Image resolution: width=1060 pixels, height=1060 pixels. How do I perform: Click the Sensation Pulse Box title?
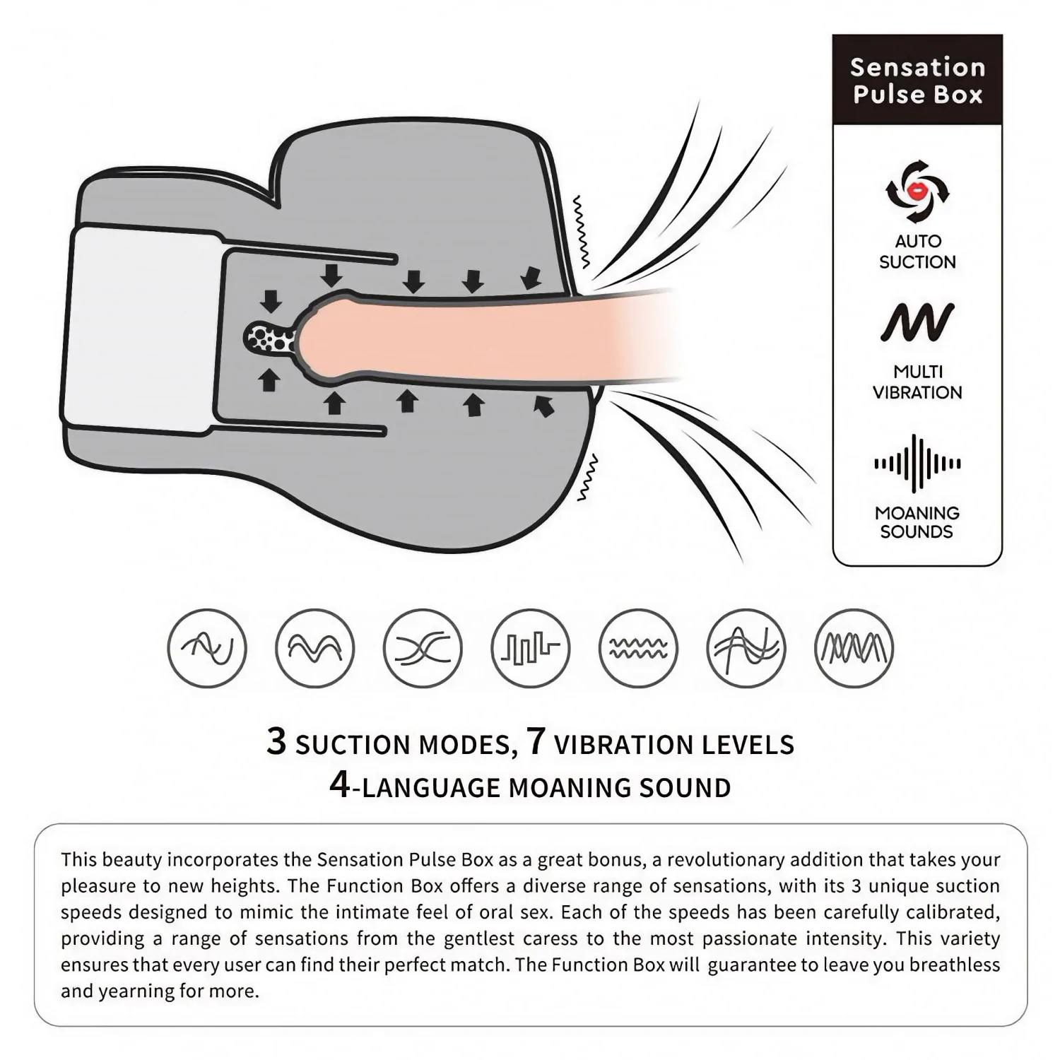(917, 81)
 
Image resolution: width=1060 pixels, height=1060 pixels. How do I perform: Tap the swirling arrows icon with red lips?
(917, 192)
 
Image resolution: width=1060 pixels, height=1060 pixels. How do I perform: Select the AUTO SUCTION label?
(917, 252)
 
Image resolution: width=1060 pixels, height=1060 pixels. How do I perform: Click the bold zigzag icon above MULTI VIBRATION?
(917, 322)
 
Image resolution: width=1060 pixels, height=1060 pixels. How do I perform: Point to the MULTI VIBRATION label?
(917, 382)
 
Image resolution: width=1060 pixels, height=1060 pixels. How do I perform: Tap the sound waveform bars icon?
(917, 464)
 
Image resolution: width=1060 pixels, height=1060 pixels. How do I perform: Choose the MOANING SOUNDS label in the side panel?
(917, 522)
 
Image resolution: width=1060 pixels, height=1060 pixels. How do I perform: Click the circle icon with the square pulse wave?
(530, 648)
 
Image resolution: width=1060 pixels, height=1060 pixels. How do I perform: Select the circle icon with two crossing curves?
(423, 648)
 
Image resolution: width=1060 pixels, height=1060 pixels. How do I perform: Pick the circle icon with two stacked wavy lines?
(638, 648)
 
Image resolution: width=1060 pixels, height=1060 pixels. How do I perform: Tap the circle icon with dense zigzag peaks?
(854, 648)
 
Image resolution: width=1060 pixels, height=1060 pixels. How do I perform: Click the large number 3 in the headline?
(277, 741)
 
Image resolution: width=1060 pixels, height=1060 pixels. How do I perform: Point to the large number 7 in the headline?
(536, 741)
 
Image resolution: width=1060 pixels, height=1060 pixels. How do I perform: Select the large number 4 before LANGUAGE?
(340, 784)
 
